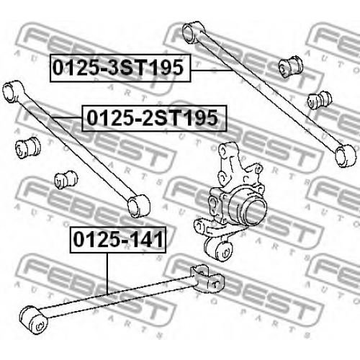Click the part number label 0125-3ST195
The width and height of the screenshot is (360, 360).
click(x=120, y=68)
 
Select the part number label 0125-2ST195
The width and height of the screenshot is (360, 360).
click(x=154, y=118)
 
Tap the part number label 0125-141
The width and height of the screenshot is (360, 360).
click(x=118, y=240)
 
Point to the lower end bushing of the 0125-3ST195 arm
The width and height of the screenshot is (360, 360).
click(x=345, y=155)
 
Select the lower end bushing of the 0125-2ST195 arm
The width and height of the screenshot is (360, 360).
click(x=138, y=206)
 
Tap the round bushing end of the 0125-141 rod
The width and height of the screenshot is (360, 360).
click(x=33, y=319)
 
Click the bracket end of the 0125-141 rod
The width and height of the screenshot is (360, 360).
click(x=207, y=279)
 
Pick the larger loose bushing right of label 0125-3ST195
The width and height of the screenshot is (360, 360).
click(x=290, y=66)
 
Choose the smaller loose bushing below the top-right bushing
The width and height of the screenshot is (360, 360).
click(x=320, y=99)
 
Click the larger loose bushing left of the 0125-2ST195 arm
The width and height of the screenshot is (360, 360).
click(x=27, y=148)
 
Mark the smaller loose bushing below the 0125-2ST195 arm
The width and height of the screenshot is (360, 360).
click(x=66, y=180)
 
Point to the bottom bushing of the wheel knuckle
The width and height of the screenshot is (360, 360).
click(x=220, y=249)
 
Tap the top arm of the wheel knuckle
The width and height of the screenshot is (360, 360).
click(x=228, y=153)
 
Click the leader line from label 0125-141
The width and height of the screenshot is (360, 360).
click(x=107, y=274)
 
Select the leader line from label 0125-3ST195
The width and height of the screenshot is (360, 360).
click(x=212, y=70)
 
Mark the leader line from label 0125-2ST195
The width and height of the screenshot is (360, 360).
click(x=66, y=117)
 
